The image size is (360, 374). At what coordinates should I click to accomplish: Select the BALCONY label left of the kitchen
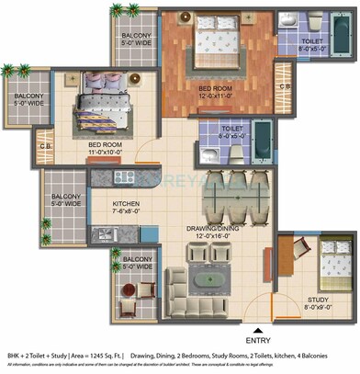(66, 197)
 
